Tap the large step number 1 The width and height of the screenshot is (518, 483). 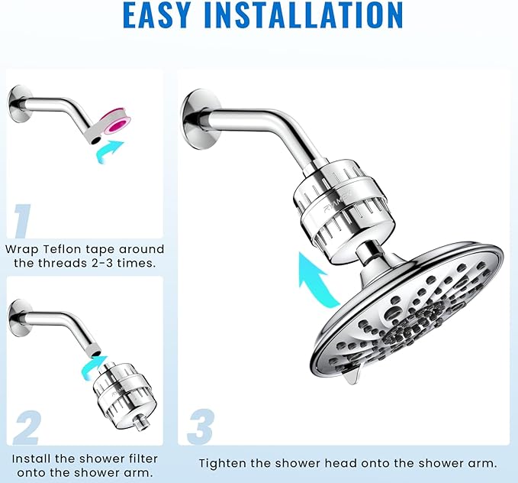coord(23,221)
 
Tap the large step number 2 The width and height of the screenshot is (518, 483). coord(25,429)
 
